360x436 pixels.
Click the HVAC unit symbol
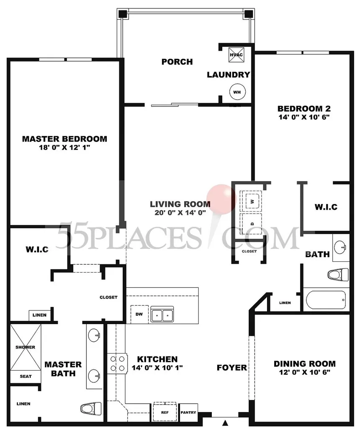(x=236, y=54)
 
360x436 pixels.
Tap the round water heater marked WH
(x=237, y=92)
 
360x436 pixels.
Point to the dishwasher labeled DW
(x=139, y=314)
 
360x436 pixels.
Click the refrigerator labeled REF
(x=165, y=412)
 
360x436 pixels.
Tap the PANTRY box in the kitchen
(x=188, y=413)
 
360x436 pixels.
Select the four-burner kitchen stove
(x=118, y=364)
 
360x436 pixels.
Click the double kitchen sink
(x=162, y=314)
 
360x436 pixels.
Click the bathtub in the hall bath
(x=326, y=300)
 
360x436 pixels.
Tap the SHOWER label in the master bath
(x=25, y=347)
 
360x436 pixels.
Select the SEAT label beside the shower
(x=26, y=376)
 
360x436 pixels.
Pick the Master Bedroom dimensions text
(x=64, y=147)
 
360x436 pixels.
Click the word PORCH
(x=177, y=62)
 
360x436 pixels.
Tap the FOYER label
(x=232, y=368)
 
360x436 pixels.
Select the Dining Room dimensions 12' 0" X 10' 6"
(x=305, y=372)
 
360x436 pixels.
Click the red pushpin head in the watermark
(x=221, y=199)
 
